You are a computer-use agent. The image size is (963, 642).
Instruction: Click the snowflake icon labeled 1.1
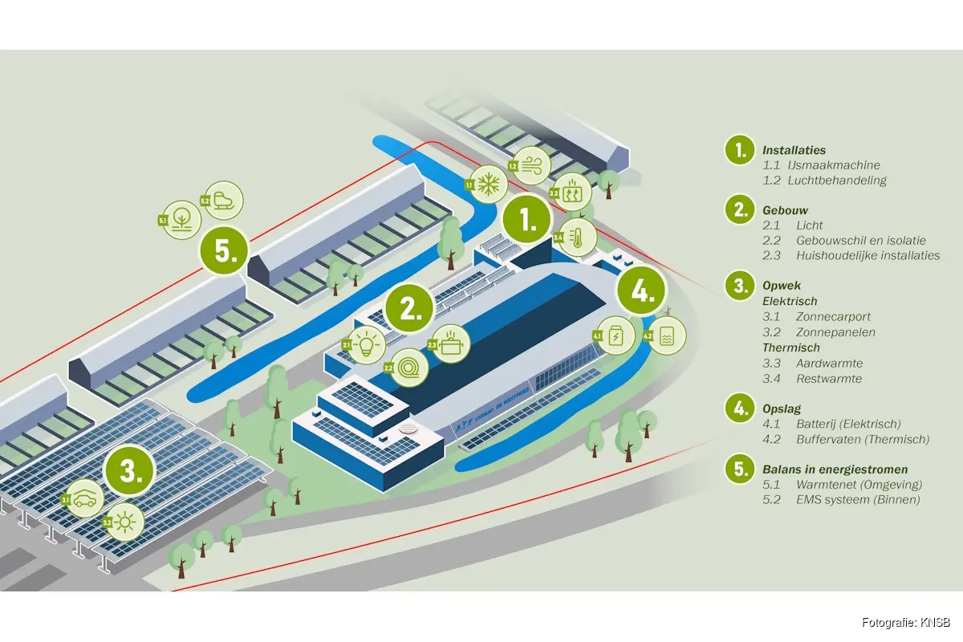(486, 185)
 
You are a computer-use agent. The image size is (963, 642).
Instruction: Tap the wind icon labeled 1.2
(531, 166)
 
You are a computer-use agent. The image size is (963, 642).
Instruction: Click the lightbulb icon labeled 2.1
(367, 344)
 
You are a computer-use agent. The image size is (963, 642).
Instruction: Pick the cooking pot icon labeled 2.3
(449, 343)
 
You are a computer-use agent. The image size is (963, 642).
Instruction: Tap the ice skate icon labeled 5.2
(224, 201)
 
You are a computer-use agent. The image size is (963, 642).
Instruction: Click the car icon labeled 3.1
(85, 498)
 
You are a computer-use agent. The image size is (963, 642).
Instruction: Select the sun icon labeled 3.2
(125, 522)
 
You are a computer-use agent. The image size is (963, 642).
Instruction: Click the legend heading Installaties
(794, 150)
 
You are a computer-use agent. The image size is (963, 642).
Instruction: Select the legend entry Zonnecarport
(834, 317)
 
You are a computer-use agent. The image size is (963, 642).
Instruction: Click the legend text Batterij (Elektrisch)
(848, 424)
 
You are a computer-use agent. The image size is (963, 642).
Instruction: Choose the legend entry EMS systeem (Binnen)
(857, 500)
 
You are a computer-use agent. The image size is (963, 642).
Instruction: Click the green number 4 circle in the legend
(739, 408)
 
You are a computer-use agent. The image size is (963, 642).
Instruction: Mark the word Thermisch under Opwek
(790, 348)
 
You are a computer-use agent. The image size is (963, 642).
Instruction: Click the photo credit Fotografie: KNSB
(906, 623)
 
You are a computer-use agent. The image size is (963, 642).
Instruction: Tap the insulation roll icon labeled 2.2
(408, 368)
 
